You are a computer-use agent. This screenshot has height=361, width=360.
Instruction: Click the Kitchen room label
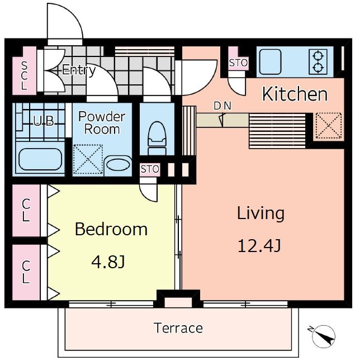(295, 94)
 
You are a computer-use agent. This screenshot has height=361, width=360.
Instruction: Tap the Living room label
(260, 213)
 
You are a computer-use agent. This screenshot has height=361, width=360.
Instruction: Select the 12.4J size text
(259, 246)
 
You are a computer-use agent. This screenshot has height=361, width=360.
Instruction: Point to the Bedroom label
(111, 229)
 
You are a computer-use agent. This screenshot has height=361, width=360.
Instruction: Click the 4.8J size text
(108, 262)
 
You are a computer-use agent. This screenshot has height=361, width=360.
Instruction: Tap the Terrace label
(178, 328)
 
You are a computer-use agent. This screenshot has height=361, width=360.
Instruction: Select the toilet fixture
(157, 138)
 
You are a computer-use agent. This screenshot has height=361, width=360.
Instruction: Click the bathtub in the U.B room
(40, 159)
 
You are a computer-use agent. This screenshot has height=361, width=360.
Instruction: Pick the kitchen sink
(271, 61)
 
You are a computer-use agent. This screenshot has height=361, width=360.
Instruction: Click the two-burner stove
(318, 61)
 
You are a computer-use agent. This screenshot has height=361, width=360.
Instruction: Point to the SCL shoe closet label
(24, 75)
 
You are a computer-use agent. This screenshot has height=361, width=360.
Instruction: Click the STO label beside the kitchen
(238, 63)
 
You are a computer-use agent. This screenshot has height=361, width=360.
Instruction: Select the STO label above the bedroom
(150, 169)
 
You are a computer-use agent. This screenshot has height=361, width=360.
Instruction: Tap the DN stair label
(222, 106)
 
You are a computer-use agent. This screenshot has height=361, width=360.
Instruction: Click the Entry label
(79, 70)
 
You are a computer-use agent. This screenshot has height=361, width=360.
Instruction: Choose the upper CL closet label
(26, 210)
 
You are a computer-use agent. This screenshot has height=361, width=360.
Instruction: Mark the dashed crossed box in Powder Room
(88, 159)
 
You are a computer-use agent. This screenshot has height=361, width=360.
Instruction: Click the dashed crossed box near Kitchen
(329, 126)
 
